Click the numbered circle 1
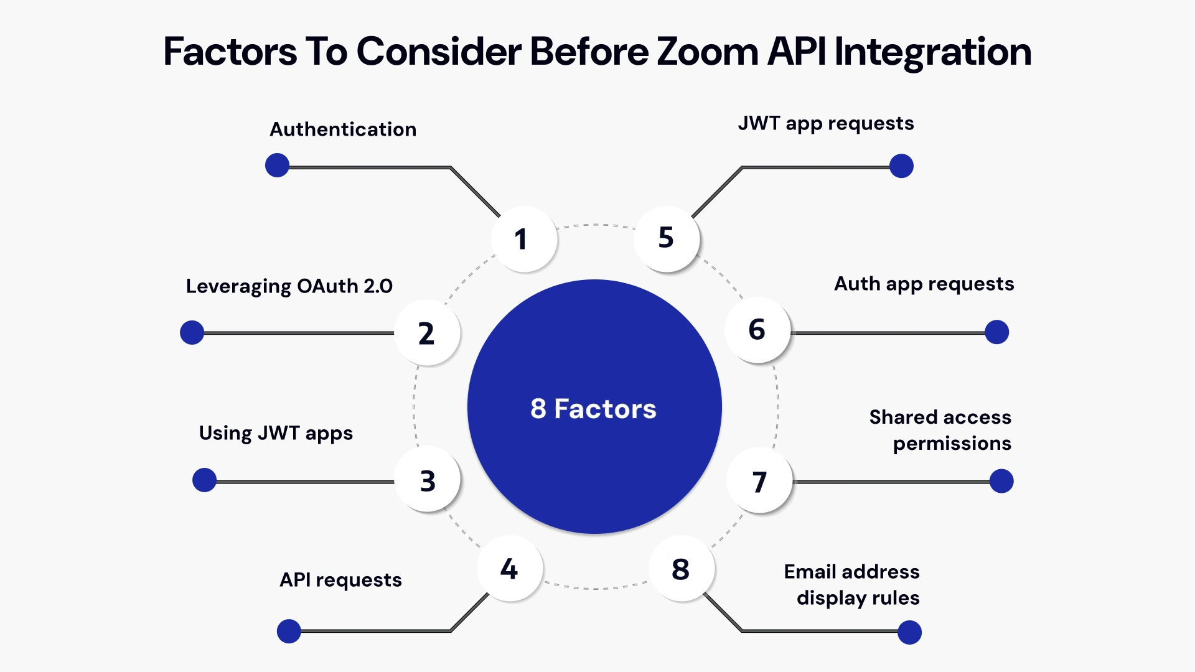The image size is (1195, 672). click(x=524, y=239)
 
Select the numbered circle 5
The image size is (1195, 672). click(x=667, y=238)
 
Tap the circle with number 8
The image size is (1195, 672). click(x=682, y=569)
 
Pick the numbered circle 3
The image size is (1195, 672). click(x=428, y=480)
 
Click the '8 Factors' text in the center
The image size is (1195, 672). click(x=593, y=409)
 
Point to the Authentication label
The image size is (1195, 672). click(x=343, y=129)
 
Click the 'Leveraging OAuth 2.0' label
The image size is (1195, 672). click(x=289, y=286)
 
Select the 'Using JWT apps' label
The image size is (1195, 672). click(x=276, y=433)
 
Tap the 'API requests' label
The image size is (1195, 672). click(x=340, y=580)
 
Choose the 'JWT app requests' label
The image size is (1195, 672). click(x=826, y=123)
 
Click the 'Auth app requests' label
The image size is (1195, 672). click(x=924, y=284)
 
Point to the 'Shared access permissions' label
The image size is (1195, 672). click(x=940, y=430)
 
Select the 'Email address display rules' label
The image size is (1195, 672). click(x=851, y=584)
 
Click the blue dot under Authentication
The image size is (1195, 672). click(x=277, y=166)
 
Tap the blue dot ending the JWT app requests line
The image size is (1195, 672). click(x=901, y=166)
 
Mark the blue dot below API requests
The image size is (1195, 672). click(x=289, y=631)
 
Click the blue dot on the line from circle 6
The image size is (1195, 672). click(x=996, y=332)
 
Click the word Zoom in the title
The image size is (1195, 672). click(x=707, y=51)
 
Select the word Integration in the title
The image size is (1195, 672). click(x=932, y=51)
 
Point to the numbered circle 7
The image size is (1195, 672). click(x=759, y=481)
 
